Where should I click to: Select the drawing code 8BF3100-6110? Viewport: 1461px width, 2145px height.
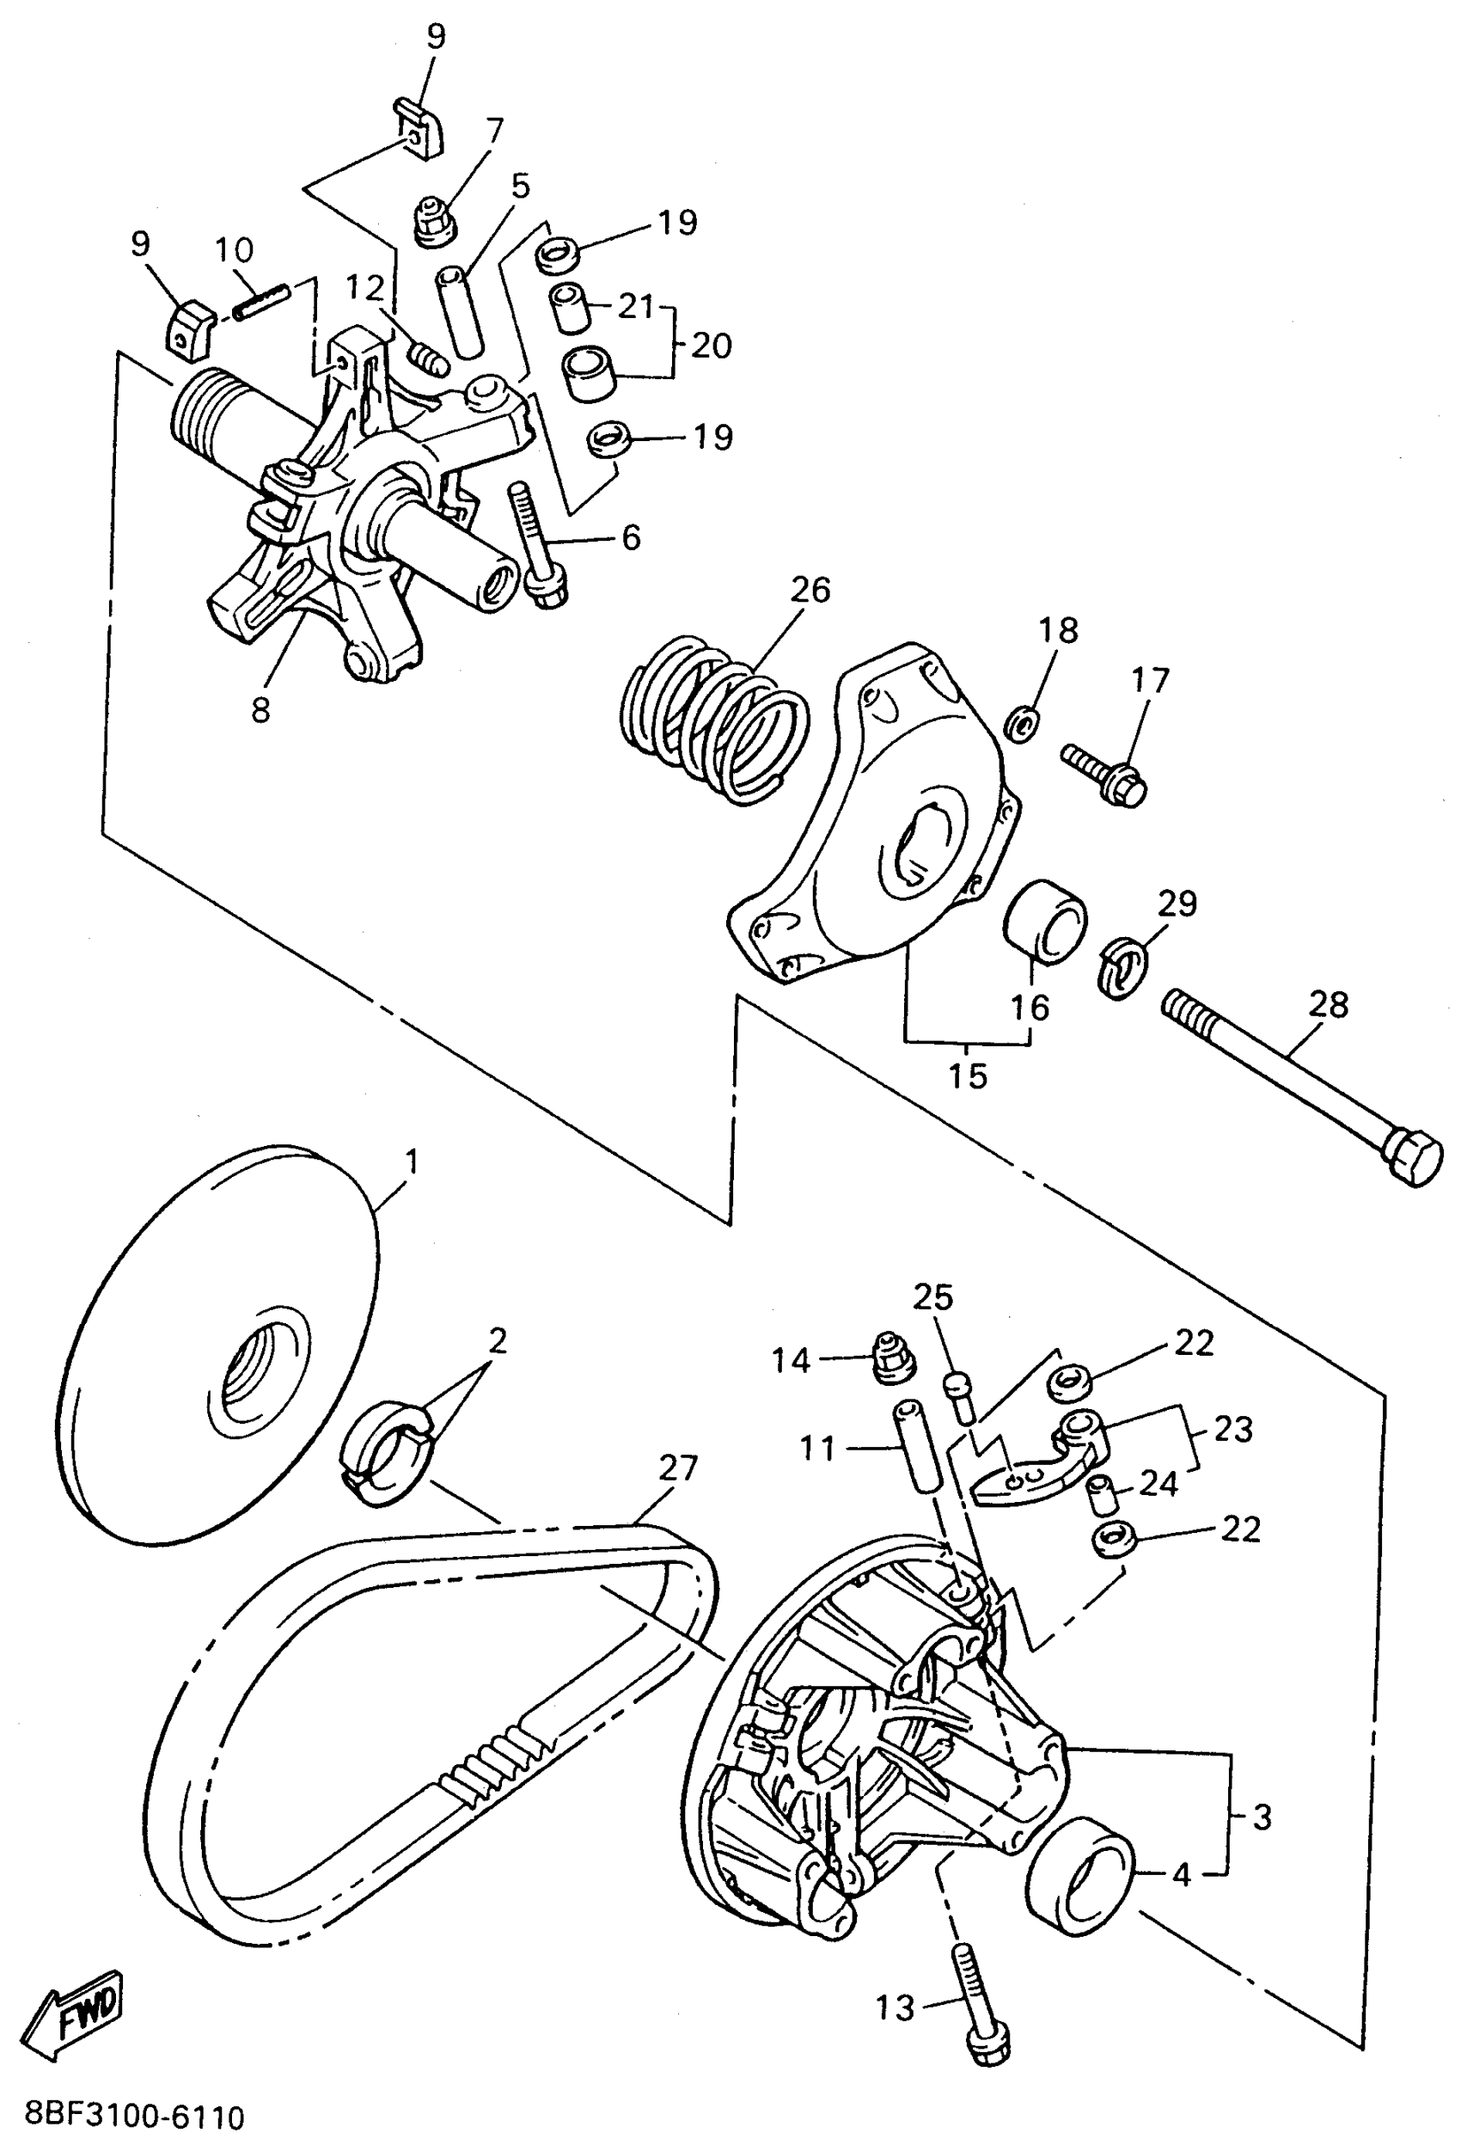(x=135, y=2117)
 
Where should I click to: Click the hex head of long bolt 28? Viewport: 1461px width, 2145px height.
(x=1411, y=1155)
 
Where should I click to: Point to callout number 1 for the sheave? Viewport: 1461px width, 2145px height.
(x=412, y=1161)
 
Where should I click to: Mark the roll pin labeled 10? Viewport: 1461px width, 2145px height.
(x=262, y=302)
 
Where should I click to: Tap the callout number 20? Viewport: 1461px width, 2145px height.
(x=711, y=346)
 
